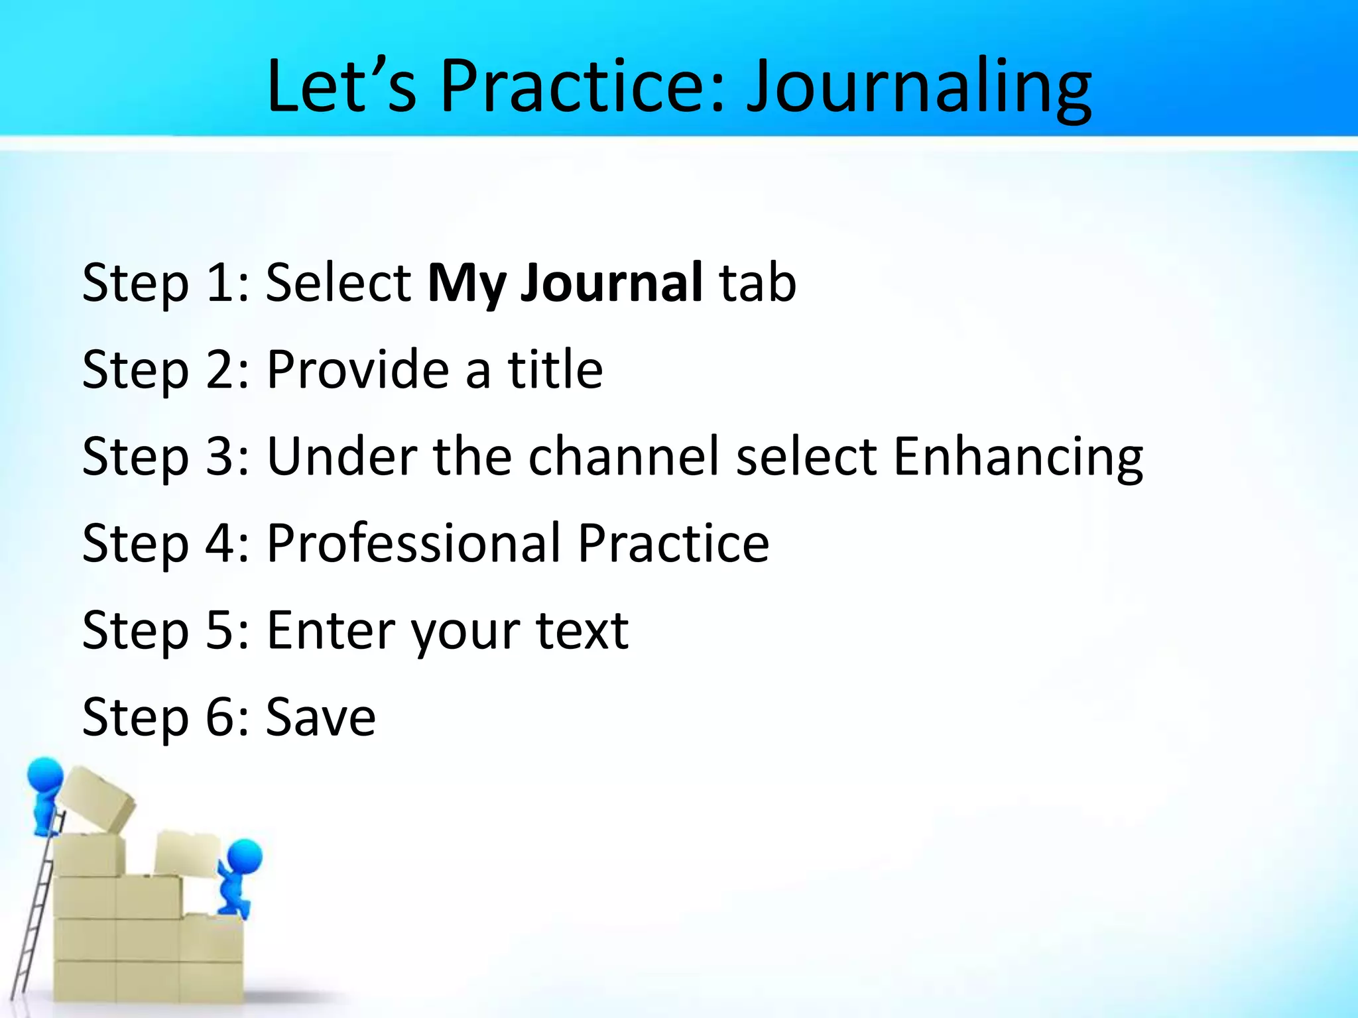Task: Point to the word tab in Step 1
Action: click(758, 284)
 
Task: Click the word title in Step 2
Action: click(555, 369)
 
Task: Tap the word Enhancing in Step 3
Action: click(1018, 457)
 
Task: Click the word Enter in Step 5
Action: click(330, 630)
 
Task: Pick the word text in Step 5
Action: click(582, 630)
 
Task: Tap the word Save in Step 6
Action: click(320, 717)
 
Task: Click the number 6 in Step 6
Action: click(218, 717)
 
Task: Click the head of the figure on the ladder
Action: click(45, 774)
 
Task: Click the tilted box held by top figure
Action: click(96, 799)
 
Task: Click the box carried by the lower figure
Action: click(187, 855)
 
